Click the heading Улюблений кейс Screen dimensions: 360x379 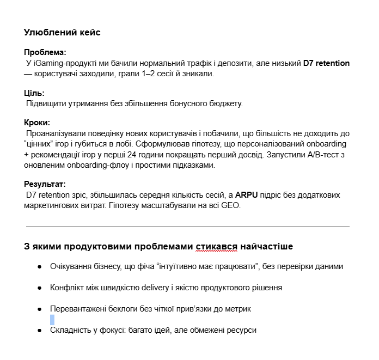(x=62, y=33)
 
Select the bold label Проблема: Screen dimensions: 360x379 (x=45, y=53)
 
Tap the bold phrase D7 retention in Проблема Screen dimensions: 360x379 (x=326, y=63)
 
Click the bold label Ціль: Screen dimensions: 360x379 (x=34, y=93)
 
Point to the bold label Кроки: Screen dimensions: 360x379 (x=38, y=123)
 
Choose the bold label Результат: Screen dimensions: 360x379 (x=45, y=184)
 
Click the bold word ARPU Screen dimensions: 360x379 (x=247, y=195)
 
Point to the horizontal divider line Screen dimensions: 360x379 (x=188, y=226)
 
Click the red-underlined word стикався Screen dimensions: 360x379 (x=216, y=247)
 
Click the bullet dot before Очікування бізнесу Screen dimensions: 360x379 (x=40, y=267)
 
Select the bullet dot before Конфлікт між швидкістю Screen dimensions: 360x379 (x=40, y=288)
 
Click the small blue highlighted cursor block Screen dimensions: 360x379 (x=52, y=320)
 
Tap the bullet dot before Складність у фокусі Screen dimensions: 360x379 (x=40, y=330)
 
